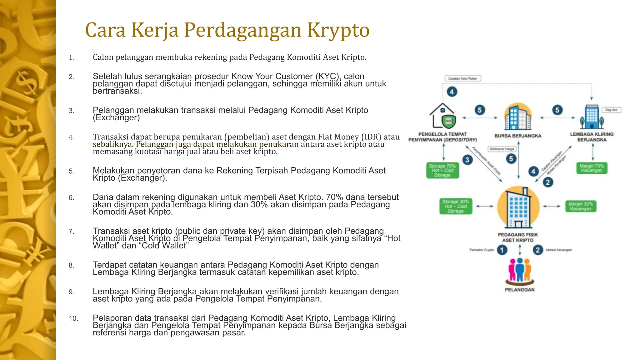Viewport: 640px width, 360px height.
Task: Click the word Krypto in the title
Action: click(x=338, y=30)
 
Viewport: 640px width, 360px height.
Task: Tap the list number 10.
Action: click(x=73, y=318)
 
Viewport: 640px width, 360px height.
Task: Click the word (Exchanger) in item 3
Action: click(x=116, y=118)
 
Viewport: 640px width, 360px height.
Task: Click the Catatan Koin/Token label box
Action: click(x=462, y=78)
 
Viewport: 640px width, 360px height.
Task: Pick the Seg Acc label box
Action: click(x=611, y=110)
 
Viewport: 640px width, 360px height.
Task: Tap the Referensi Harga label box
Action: click(x=502, y=149)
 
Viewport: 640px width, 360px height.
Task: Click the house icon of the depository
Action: click(x=442, y=116)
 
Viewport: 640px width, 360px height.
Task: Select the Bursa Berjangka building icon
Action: click(x=518, y=117)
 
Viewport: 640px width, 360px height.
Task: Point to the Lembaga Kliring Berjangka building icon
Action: click(x=592, y=117)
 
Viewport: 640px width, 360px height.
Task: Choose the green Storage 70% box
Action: click(x=442, y=171)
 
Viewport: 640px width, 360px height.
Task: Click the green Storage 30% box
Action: click(x=456, y=206)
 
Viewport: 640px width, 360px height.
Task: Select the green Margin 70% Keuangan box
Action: click(x=592, y=168)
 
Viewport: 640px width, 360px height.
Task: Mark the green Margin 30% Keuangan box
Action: click(x=581, y=206)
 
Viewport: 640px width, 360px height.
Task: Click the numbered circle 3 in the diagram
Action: click(x=467, y=160)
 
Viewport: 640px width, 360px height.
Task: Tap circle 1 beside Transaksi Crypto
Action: click(x=502, y=250)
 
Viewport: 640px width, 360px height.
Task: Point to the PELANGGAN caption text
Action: click(x=520, y=290)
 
